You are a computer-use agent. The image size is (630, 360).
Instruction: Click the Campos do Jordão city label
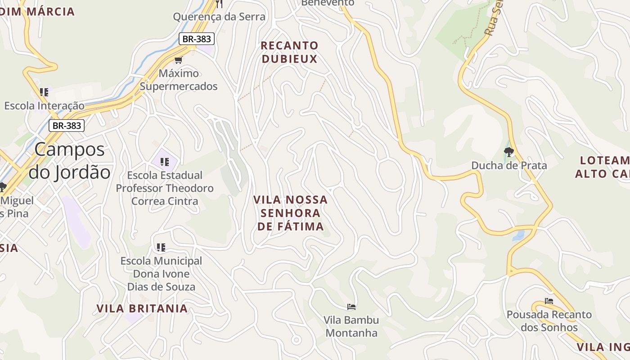pyautogui.click(x=70, y=161)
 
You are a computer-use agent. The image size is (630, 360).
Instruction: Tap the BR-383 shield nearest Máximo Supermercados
pyautogui.click(x=196, y=39)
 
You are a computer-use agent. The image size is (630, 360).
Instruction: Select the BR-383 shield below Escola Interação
pyautogui.click(x=67, y=126)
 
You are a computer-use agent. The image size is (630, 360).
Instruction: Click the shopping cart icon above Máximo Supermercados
pyautogui.click(x=179, y=60)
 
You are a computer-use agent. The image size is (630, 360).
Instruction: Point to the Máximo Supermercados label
pyautogui.click(x=179, y=80)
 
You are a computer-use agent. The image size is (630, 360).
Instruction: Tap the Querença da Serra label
pyautogui.click(x=219, y=17)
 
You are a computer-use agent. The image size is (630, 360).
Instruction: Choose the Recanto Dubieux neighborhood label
pyautogui.click(x=290, y=52)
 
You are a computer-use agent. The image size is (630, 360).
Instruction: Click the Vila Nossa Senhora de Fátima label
pyautogui.click(x=291, y=213)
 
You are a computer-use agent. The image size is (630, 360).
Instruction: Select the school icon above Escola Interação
pyautogui.click(x=44, y=92)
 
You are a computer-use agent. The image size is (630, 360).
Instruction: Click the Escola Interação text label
pyautogui.click(x=44, y=106)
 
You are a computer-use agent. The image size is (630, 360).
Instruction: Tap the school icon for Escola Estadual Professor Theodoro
pyautogui.click(x=165, y=162)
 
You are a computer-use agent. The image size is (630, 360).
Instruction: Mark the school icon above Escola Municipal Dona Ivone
pyautogui.click(x=161, y=247)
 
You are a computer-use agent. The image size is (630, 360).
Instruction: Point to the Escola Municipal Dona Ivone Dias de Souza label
pyautogui.click(x=161, y=274)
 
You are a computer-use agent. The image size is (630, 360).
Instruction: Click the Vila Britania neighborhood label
pyautogui.click(x=142, y=308)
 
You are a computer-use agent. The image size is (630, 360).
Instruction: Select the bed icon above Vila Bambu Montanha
pyautogui.click(x=351, y=307)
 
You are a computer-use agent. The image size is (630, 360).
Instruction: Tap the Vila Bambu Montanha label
pyautogui.click(x=351, y=327)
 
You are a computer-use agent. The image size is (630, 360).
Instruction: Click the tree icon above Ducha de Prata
pyautogui.click(x=509, y=152)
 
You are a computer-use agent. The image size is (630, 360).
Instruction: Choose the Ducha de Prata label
pyautogui.click(x=509, y=166)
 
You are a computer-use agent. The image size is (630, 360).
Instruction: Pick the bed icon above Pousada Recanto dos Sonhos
pyautogui.click(x=549, y=301)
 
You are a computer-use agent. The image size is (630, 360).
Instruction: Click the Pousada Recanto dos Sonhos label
pyautogui.click(x=549, y=321)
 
